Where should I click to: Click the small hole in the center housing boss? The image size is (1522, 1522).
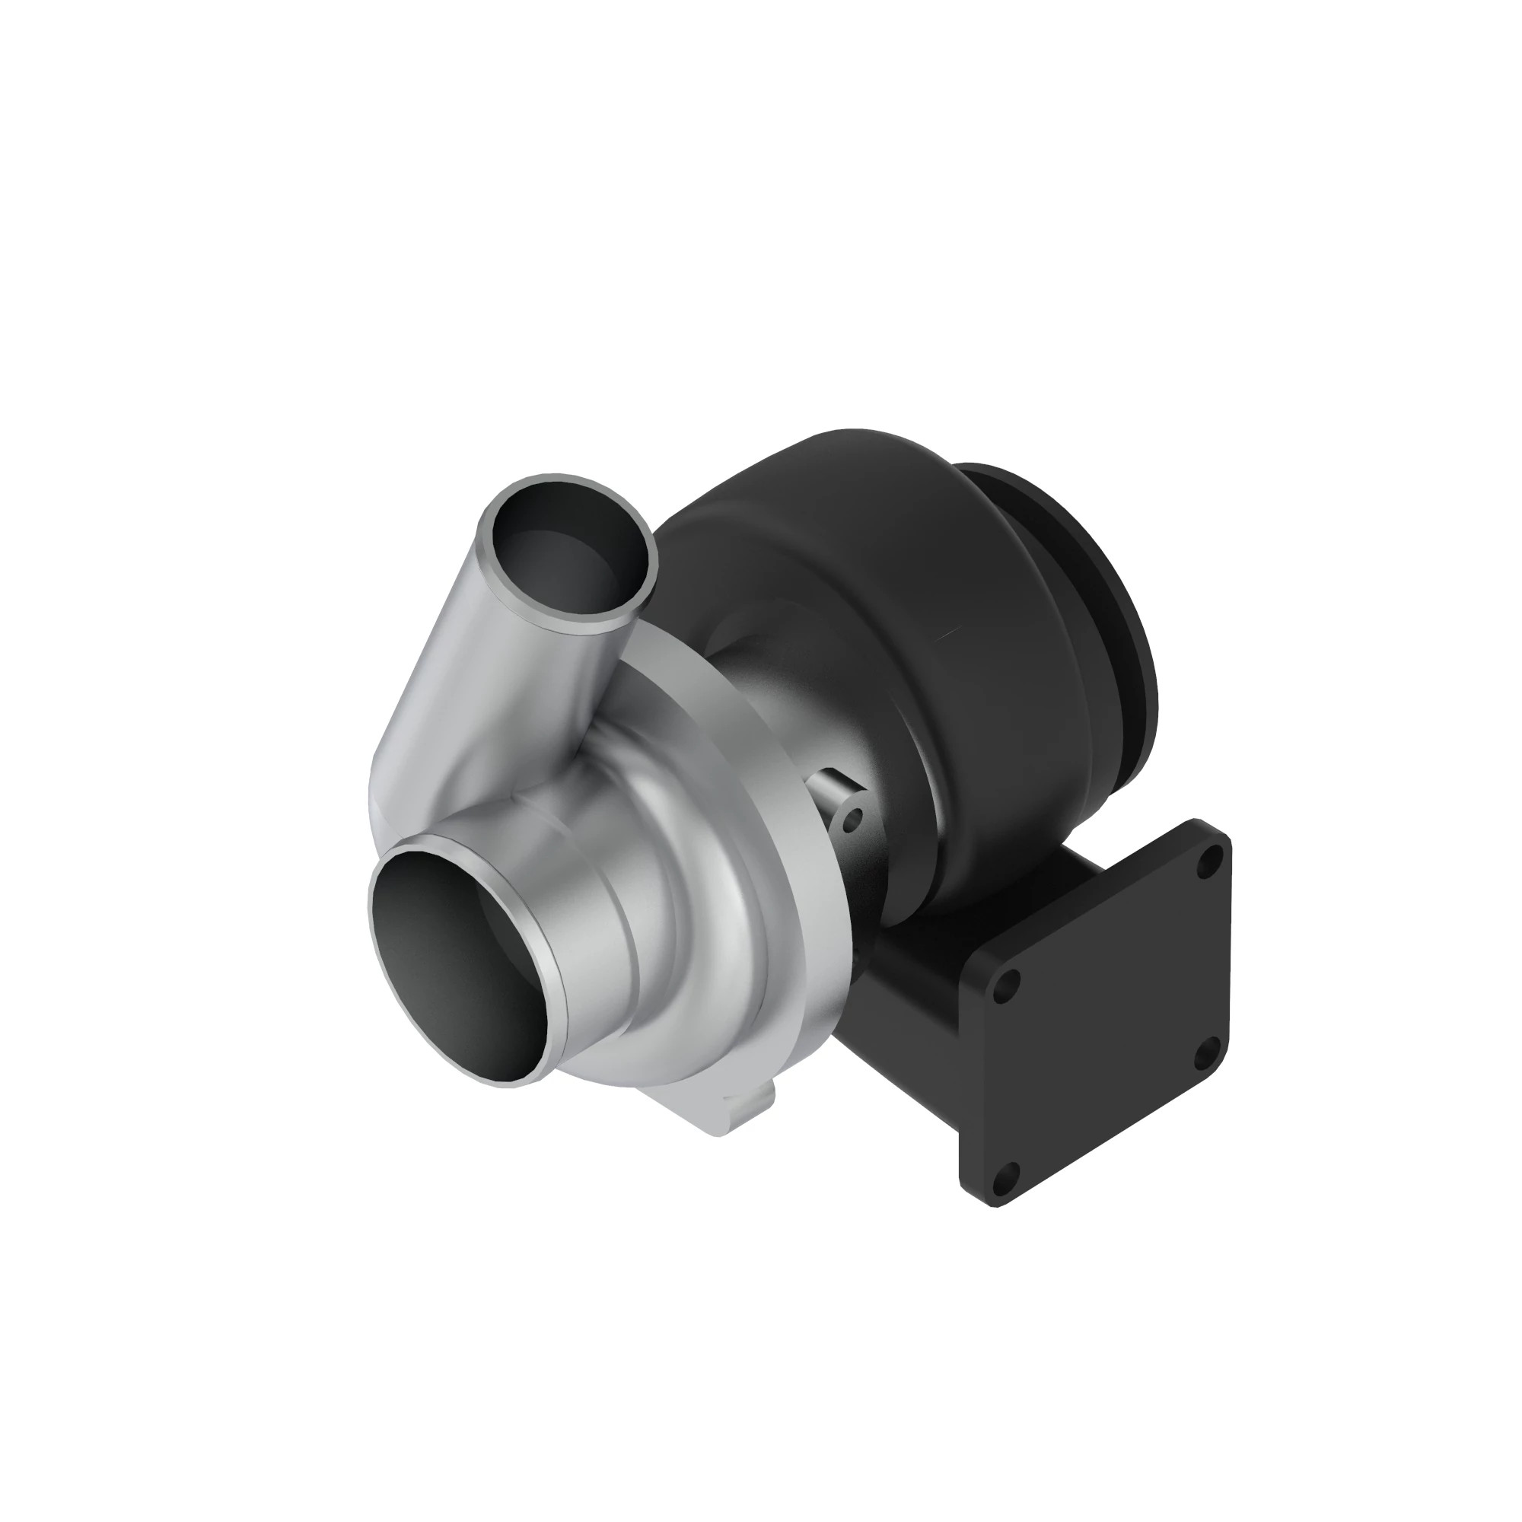(849, 826)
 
